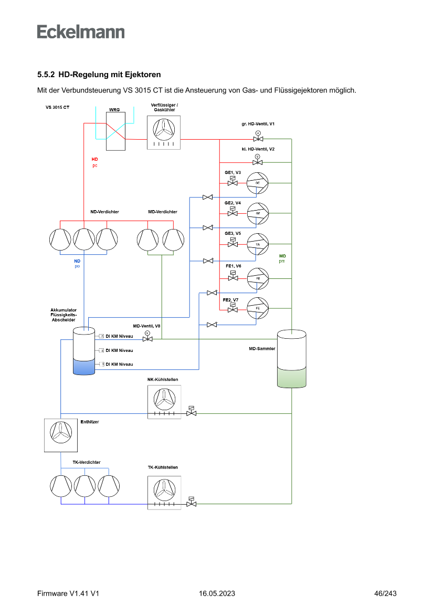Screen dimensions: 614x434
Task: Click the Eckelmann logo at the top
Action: point(81,32)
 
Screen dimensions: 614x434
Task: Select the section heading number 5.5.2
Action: point(46,75)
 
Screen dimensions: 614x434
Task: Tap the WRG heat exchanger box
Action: point(114,131)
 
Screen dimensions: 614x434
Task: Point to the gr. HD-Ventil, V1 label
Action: point(255,123)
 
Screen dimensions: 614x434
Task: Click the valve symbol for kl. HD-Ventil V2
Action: point(257,162)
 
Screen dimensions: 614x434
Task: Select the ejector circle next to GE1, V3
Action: point(258,183)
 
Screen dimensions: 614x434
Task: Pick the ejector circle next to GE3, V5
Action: point(258,244)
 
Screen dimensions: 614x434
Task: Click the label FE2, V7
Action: point(231,300)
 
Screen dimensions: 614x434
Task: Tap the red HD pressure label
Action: point(94,159)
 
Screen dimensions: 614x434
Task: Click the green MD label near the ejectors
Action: point(282,255)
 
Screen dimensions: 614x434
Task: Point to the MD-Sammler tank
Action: point(291,359)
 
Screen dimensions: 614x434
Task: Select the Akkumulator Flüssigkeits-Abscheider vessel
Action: point(84,351)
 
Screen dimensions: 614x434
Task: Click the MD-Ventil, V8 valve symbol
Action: point(147,339)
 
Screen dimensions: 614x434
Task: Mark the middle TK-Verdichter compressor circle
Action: point(84,486)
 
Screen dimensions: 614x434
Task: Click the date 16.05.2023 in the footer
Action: point(217,594)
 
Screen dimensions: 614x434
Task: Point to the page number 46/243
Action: point(385,594)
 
